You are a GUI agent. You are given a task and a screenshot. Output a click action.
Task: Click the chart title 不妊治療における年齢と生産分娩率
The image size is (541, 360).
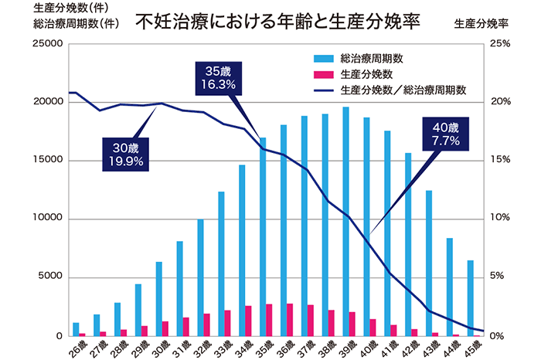point(277,20)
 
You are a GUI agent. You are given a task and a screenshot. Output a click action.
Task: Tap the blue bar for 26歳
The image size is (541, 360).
point(76,329)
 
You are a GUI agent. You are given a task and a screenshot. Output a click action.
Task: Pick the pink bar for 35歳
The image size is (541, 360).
point(269,320)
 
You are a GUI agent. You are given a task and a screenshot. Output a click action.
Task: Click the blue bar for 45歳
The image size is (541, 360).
point(471,298)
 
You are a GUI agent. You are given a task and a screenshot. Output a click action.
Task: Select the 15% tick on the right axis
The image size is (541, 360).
point(502,161)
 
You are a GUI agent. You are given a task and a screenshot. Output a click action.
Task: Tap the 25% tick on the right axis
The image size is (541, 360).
point(502,44)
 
